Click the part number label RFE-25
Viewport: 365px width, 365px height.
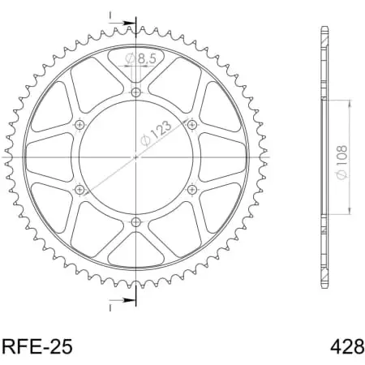(38, 346)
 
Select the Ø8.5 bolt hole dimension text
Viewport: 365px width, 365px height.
(143, 58)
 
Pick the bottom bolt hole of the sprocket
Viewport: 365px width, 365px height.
(135, 221)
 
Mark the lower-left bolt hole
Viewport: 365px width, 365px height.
(79, 188)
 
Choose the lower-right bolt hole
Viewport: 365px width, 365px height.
(191, 188)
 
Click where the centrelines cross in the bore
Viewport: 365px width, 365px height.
(135, 156)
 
